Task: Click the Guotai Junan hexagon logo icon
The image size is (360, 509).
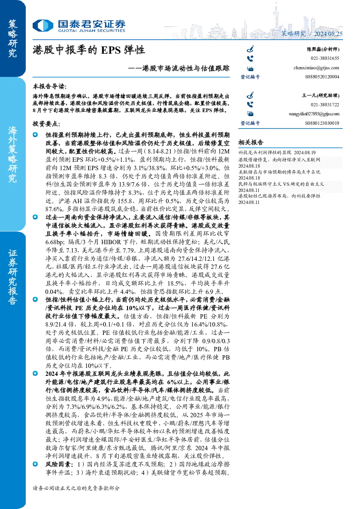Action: [x=43, y=25]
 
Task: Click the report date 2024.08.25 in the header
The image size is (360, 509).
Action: [x=328, y=34]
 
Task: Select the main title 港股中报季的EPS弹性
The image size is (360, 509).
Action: [x=89, y=50]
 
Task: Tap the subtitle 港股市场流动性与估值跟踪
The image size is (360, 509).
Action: [x=186, y=68]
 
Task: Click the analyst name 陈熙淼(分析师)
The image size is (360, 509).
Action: [x=323, y=49]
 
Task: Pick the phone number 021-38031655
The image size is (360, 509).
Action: [x=325, y=58]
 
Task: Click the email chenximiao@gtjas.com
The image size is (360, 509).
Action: [x=316, y=68]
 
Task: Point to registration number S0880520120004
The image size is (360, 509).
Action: [x=322, y=77]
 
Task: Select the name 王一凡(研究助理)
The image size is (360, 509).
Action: [x=320, y=95]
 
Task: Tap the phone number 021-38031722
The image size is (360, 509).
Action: [x=325, y=105]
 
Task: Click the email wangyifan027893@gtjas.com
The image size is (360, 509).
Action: [x=314, y=114]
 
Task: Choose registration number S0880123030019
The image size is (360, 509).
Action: [x=322, y=123]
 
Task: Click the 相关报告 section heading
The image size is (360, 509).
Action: [x=251, y=143]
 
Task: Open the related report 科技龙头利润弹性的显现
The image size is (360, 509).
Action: [x=265, y=152]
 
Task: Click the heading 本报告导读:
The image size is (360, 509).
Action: [x=50, y=87]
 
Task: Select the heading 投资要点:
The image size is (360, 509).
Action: [x=46, y=124]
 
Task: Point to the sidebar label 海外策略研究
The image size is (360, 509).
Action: [x=13, y=155]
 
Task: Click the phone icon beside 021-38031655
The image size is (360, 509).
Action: [x=250, y=59]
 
